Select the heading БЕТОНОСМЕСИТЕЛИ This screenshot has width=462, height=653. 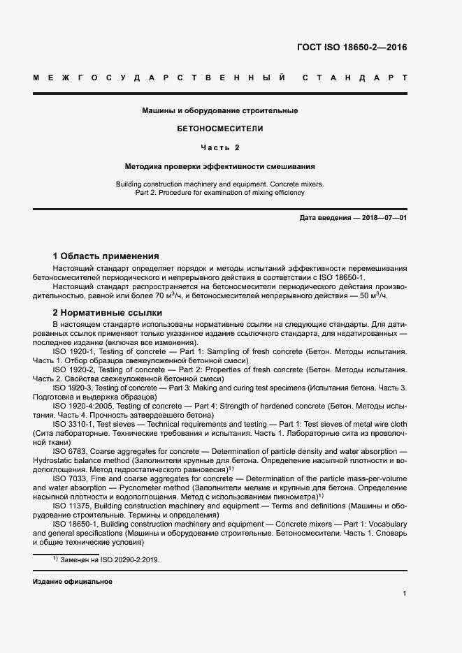point(220,129)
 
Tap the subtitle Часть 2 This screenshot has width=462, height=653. point(220,148)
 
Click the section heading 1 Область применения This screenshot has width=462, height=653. point(106,256)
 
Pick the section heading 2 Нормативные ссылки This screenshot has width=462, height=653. point(108,312)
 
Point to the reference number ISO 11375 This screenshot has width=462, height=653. point(73,505)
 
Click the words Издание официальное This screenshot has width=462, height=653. point(72,581)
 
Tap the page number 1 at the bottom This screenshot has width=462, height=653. point(405,594)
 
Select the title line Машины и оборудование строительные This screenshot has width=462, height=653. point(220,110)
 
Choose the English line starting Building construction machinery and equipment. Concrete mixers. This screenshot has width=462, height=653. point(220,184)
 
